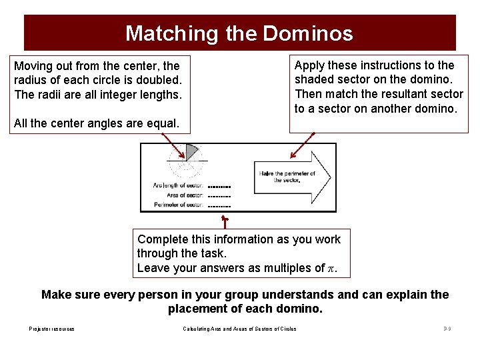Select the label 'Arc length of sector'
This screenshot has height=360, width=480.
pyautogui.click(x=178, y=185)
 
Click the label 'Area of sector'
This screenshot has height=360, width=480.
pyautogui.click(x=185, y=195)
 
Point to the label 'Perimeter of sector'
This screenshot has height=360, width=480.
pyautogui.click(x=178, y=205)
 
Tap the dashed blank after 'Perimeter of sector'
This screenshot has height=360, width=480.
pyautogui.click(x=219, y=206)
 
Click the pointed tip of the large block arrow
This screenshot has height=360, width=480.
pyautogui.click(x=330, y=176)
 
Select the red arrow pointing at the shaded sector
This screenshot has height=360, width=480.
pyautogui.click(x=175, y=143)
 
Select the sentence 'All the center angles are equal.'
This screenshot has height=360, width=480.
pyautogui.click(x=96, y=123)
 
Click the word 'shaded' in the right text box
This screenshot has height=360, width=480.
pyautogui.click(x=317, y=79)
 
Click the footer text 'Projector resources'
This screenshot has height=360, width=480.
pyautogui.click(x=52, y=329)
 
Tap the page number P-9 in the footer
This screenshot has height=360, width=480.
pyautogui.click(x=447, y=329)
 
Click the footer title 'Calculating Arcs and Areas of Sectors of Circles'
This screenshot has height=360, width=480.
pyautogui.click(x=239, y=329)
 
